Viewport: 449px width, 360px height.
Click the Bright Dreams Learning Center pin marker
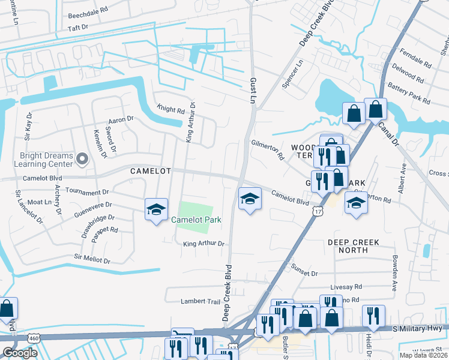(83, 159)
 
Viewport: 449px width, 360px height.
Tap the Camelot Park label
(196, 220)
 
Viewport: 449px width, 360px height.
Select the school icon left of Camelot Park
(156, 209)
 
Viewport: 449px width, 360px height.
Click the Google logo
(20, 353)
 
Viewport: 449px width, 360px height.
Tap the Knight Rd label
(171, 110)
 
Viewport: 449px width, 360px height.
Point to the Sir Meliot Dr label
(92, 259)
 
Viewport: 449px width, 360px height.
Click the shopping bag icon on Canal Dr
(375, 110)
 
